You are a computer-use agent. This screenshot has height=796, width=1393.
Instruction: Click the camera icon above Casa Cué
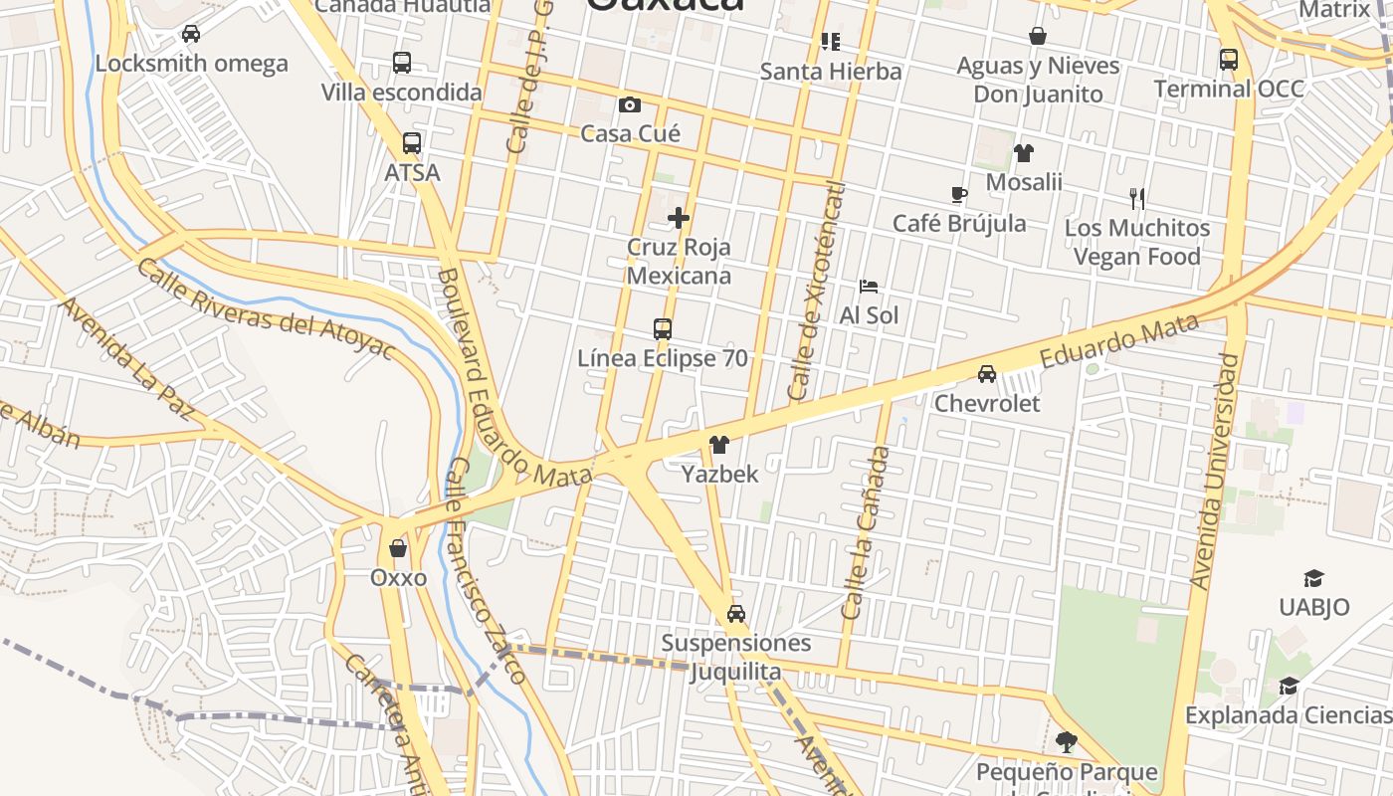629,104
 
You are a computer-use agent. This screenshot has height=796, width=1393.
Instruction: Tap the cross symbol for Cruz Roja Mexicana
679,217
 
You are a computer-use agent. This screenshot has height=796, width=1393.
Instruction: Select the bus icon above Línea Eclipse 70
662,328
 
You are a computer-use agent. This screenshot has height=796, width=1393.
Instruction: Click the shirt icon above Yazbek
718,445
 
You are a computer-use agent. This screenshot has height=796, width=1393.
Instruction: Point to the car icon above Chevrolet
986,374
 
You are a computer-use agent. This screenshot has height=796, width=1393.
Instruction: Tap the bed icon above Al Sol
869,287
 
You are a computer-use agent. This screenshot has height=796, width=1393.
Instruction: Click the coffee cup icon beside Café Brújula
958,194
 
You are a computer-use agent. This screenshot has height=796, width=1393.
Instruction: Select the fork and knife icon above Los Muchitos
1137,199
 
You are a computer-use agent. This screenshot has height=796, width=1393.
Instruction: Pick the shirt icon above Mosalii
1023,153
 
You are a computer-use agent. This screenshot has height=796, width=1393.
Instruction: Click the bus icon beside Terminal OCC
1229,59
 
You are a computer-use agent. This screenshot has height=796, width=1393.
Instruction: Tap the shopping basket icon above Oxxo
398,548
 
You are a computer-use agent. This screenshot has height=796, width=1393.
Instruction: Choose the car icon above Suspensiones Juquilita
735,613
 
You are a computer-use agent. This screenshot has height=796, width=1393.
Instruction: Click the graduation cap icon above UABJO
1313,578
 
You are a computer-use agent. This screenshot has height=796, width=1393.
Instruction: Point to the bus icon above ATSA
412,143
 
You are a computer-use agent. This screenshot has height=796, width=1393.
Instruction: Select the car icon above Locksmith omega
191,34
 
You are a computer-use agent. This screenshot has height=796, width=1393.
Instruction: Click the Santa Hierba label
831,72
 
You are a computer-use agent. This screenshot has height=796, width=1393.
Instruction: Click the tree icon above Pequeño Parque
1066,742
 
